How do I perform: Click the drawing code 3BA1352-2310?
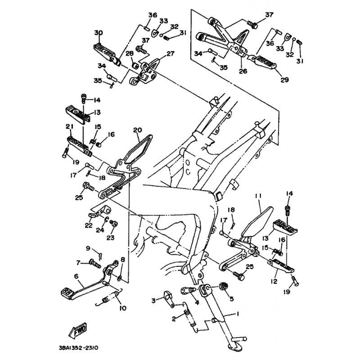[78, 348]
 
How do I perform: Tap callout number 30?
[99, 33]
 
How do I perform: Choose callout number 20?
[137, 130]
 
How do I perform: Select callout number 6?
[76, 276]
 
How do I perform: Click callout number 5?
[231, 298]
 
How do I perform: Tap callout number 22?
[89, 225]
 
